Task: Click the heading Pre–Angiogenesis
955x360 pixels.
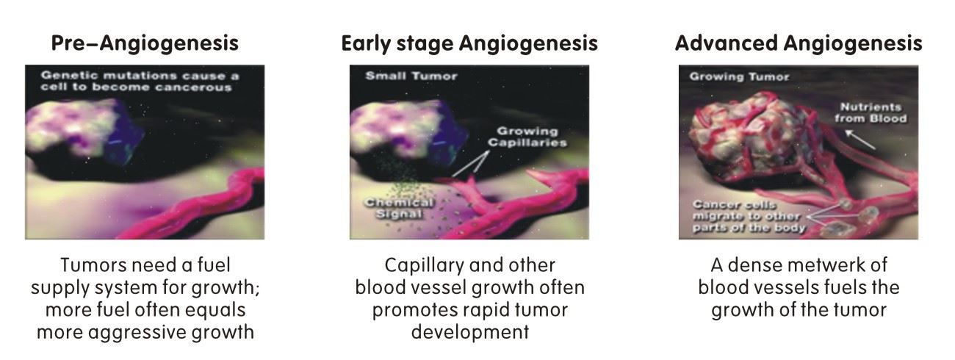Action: click(145, 44)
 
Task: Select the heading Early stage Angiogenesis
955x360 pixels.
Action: click(469, 44)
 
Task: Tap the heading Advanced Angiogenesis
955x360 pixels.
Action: click(799, 44)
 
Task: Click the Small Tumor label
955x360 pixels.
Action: click(411, 76)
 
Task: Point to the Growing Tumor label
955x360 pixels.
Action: click(739, 77)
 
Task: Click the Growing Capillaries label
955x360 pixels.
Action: click(527, 137)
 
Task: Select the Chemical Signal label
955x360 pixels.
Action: click(399, 208)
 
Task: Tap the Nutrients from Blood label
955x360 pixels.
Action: click(871, 112)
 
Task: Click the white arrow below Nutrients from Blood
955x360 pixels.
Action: click(860, 140)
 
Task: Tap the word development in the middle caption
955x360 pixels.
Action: click(470, 333)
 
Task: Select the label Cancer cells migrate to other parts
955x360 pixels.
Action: click(749, 217)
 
